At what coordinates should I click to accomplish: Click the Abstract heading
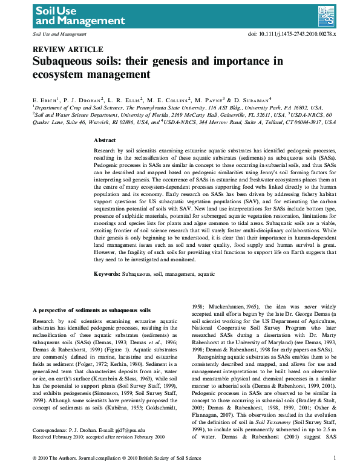click(105, 140)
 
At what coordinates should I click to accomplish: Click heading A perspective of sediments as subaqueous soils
click(91, 309)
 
